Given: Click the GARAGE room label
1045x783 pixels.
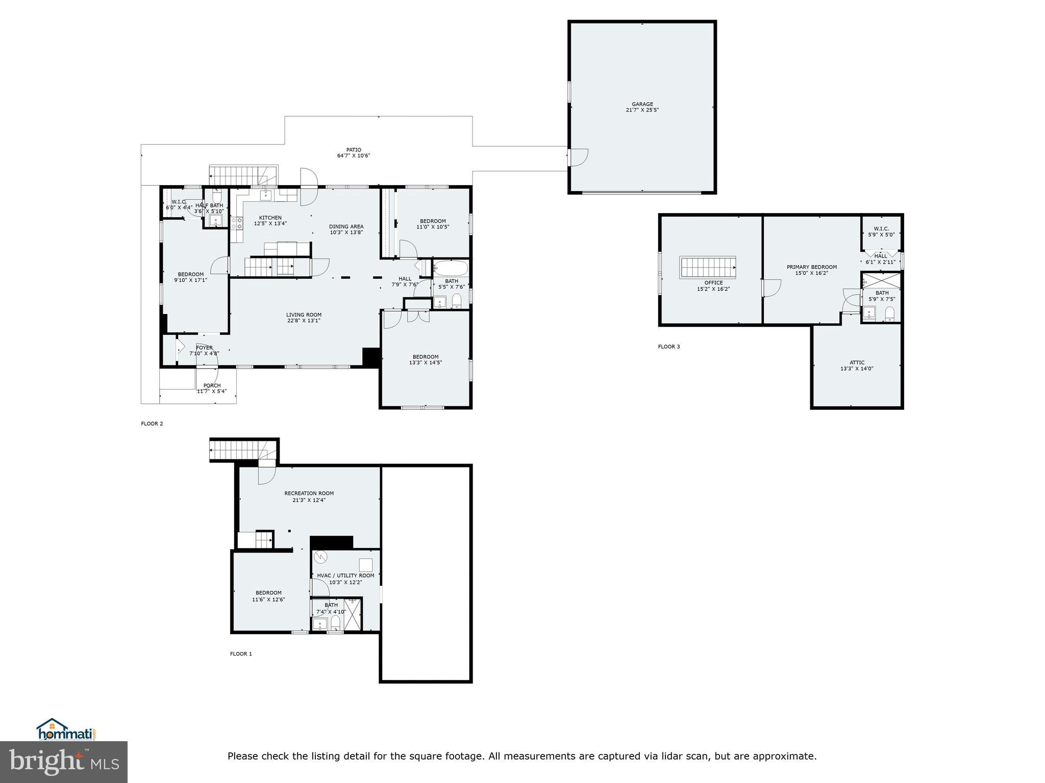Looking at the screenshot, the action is point(642,104).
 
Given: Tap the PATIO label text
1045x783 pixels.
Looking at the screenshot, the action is point(354,150).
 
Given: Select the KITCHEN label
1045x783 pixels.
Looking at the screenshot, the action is point(270,218).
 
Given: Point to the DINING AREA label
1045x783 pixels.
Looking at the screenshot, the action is point(346,227).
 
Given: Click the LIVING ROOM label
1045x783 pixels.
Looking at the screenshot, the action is point(304,315).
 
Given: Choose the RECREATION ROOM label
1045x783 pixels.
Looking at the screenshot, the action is point(309,493).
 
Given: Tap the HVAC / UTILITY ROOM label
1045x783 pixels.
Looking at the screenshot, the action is point(345,576).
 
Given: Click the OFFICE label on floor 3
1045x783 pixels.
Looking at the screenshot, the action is point(713,283).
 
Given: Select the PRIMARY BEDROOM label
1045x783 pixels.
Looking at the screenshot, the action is point(812,267).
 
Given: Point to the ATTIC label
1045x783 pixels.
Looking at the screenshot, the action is point(857,363).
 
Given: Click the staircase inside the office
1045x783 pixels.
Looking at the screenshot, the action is point(707,267).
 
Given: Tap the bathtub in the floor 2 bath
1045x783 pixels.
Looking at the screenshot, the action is point(450,268).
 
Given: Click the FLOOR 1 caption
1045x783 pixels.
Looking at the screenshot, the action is point(241,654).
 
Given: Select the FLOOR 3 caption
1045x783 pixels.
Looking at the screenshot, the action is point(669,347).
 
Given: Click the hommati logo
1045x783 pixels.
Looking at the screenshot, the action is point(66,729).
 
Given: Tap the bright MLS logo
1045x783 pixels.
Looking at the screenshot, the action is point(64,762).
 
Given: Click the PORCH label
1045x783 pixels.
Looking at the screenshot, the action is point(212,386).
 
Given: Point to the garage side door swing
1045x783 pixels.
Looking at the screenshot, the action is point(579,157).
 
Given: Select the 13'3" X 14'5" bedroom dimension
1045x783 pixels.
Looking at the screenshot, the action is point(425,363).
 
